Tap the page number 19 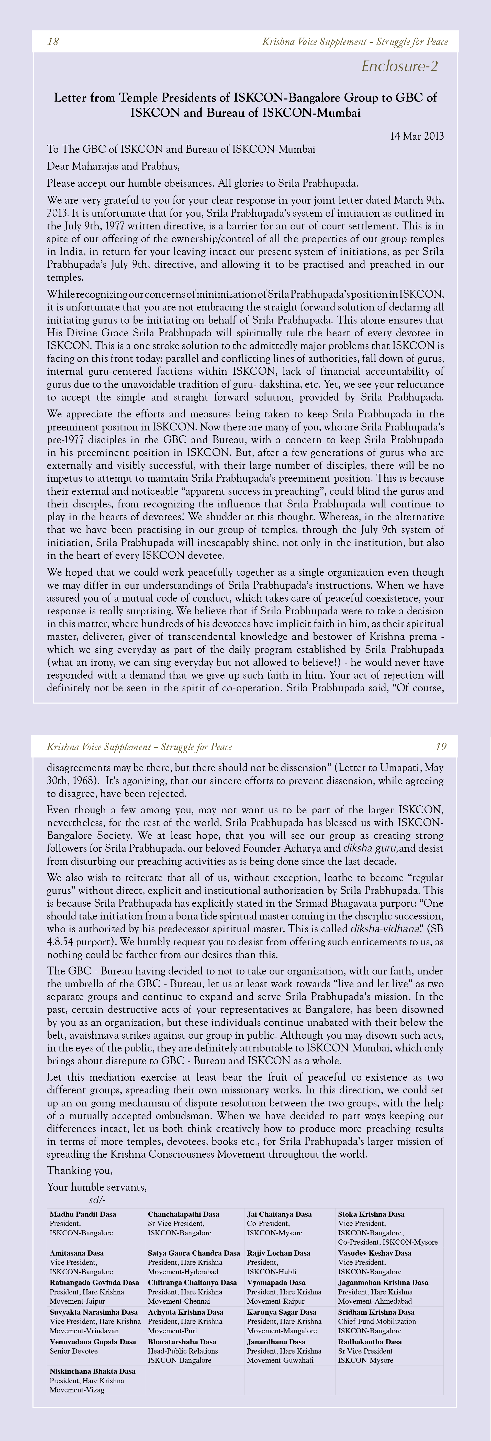441,747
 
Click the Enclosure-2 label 399,66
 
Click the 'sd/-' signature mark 97,1200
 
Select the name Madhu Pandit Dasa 83,1214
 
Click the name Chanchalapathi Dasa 183,1214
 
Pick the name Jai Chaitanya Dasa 279,1214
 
